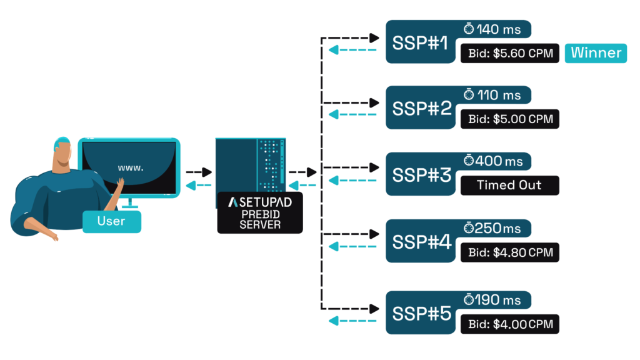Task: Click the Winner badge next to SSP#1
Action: (596, 53)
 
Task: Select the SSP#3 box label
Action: (421, 174)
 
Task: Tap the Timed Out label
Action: (509, 185)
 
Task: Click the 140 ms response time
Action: (498, 29)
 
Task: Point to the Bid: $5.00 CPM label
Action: (510, 119)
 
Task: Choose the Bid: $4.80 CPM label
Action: (510, 252)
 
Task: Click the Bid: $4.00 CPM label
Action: (510, 324)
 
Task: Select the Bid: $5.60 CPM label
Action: (510, 53)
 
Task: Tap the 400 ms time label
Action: (498, 161)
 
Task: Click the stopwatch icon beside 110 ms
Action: (469, 94)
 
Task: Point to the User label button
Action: (111, 221)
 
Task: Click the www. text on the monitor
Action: (130, 167)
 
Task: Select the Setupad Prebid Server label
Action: (260, 213)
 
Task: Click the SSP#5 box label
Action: (421, 313)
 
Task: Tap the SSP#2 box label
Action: (421, 108)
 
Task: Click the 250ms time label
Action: (498, 228)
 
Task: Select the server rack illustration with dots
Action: (251, 165)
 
